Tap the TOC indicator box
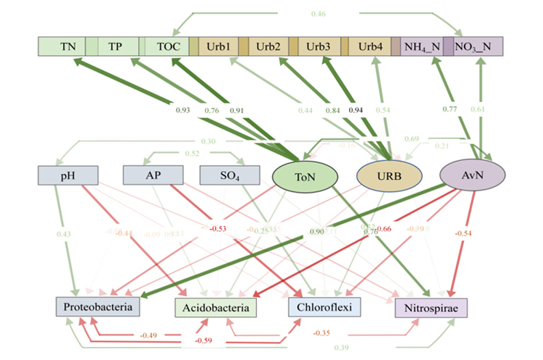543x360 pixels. pos(167,46)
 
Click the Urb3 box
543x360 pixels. pos(318,46)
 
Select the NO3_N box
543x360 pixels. pos(477,46)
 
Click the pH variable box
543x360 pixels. pos(67,176)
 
